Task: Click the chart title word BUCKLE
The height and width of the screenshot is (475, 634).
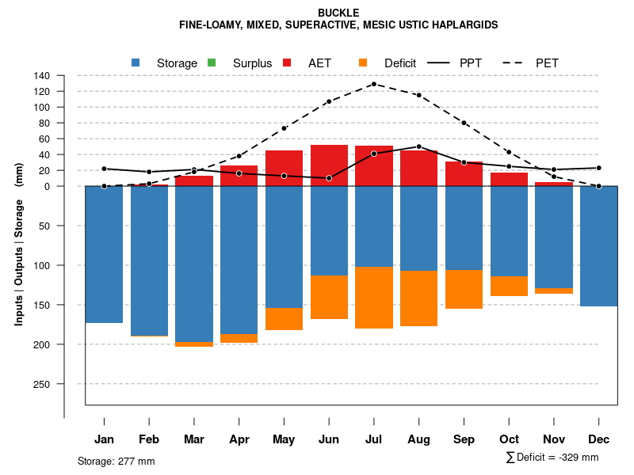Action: (x=338, y=13)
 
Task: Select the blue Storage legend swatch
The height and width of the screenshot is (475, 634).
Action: (x=136, y=63)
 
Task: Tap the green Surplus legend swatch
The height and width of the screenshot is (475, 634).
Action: (x=212, y=63)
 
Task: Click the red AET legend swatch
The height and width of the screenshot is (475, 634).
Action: (x=287, y=63)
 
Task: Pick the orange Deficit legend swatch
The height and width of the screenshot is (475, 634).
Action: (x=363, y=63)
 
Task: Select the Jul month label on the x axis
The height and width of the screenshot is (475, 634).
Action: (x=374, y=439)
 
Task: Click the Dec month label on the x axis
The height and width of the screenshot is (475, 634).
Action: (x=599, y=439)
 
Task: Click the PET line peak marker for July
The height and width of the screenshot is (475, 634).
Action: (x=374, y=84)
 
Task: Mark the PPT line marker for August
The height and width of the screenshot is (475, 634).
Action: (x=419, y=146)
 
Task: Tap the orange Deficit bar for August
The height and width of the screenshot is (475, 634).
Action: (x=419, y=298)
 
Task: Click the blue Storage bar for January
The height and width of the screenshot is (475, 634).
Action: (x=104, y=254)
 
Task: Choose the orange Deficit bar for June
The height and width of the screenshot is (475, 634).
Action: (x=329, y=297)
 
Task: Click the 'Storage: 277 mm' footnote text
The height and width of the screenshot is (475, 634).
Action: (x=116, y=461)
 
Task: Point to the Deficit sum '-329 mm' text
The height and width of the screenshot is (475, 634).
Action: (x=552, y=458)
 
